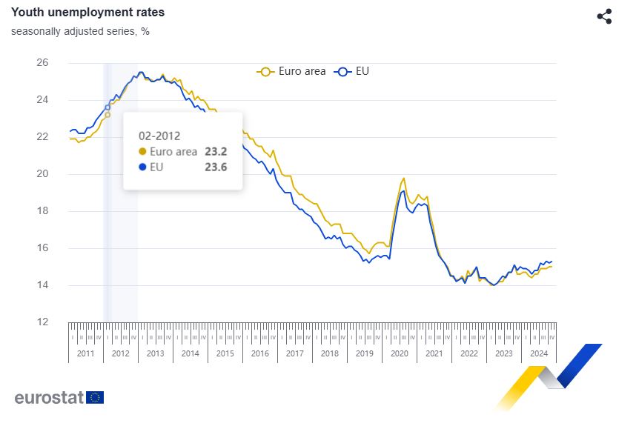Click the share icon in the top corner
tap(604, 16)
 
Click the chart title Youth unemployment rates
tap(87, 13)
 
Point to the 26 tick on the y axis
tap(42, 63)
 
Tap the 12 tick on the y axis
tap(42, 322)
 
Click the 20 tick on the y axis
tap(42, 174)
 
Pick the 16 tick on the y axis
tap(42, 248)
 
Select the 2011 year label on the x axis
tap(86, 353)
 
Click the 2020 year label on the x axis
tap(400, 353)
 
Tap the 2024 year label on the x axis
tap(539, 353)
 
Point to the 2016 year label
tap(260, 353)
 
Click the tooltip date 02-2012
tap(160, 136)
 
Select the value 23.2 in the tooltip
tap(216, 152)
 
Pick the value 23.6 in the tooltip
tap(216, 167)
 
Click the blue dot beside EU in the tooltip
tap(143, 167)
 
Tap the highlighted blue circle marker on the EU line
tap(107, 107)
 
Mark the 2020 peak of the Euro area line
tap(403, 178)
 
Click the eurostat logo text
tap(48, 397)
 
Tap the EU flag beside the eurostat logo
tap(95, 397)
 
